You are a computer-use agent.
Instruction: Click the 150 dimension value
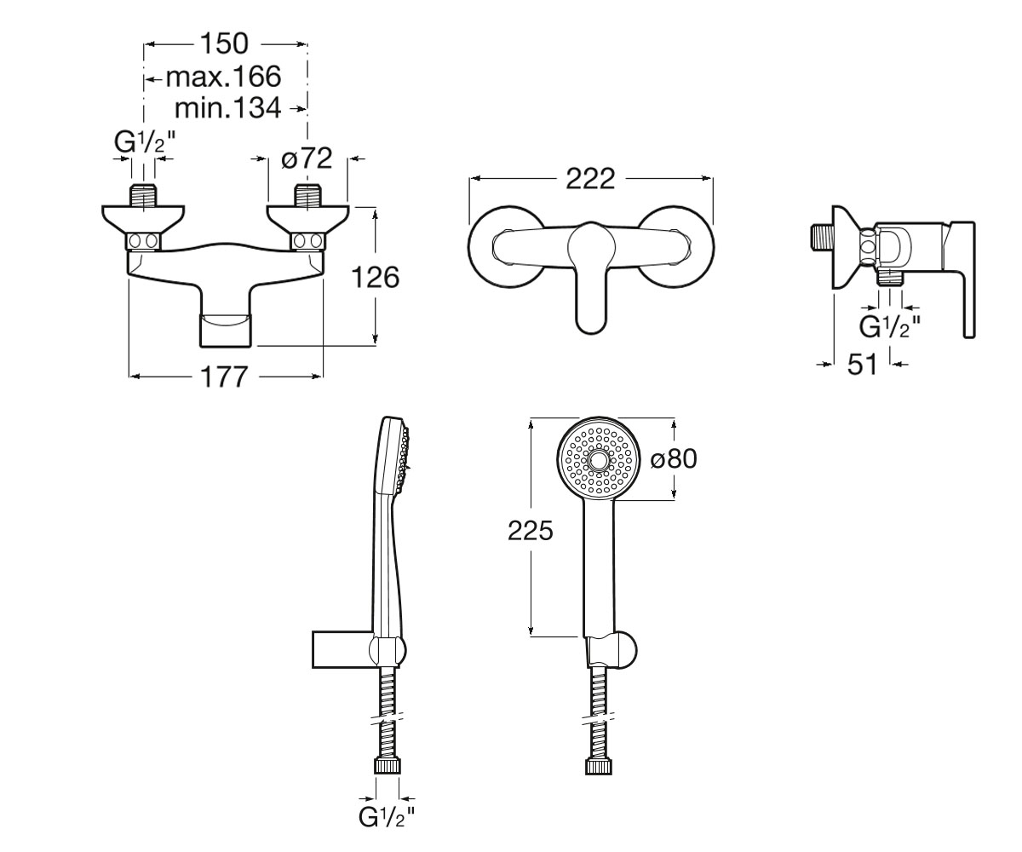[x=225, y=44]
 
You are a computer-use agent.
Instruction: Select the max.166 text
[x=224, y=77]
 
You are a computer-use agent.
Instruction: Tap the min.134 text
[x=228, y=107]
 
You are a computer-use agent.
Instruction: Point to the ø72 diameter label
[x=307, y=158]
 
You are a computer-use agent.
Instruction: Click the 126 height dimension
[x=376, y=278]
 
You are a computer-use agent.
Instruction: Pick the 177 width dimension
[x=225, y=377]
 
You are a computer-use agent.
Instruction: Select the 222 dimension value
[x=590, y=179]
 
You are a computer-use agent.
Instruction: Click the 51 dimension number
[x=863, y=365]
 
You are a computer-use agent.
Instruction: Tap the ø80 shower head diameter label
[x=674, y=459]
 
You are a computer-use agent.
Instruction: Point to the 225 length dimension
[x=531, y=530]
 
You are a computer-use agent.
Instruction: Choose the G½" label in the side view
[x=890, y=327]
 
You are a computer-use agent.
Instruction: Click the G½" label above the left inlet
[x=145, y=142]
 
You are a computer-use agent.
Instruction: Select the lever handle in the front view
[x=591, y=279]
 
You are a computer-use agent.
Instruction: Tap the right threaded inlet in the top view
[x=307, y=195]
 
